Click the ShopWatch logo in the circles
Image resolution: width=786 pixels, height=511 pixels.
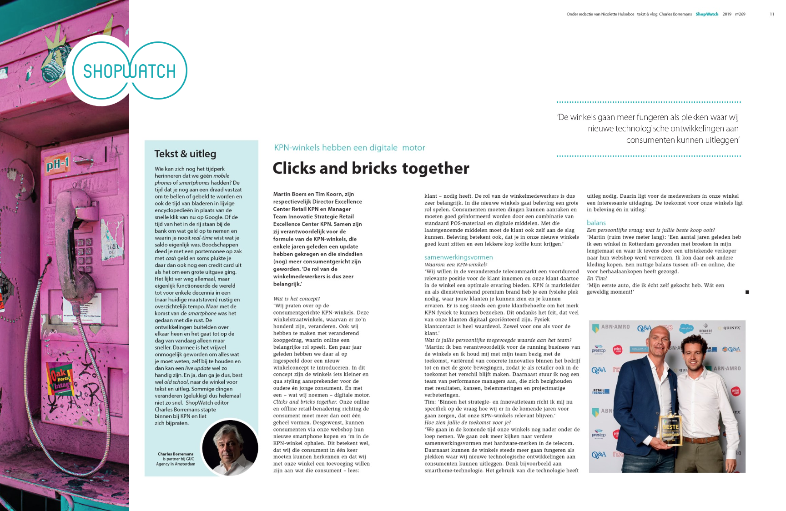[x=129, y=71]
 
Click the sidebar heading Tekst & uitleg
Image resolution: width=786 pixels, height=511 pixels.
[x=185, y=154]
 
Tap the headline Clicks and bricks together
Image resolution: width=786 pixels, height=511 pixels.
[x=371, y=168]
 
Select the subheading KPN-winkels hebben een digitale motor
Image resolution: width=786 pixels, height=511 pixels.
[x=349, y=147]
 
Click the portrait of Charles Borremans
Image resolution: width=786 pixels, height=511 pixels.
[x=230, y=447]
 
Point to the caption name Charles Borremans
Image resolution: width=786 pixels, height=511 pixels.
[x=176, y=454]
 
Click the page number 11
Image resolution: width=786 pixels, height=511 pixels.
[x=771, y=14]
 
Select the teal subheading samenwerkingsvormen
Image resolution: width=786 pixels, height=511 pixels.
[x=458, y=257]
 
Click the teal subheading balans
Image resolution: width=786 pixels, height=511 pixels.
[x=596, y=223]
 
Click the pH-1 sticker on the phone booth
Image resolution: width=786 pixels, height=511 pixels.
[x=57, y=163]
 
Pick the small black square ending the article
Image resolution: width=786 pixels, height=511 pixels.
[x=747, y=292]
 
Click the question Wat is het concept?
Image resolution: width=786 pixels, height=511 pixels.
[x=296, y=299]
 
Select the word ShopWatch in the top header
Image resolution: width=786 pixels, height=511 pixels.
[x=706, y=14]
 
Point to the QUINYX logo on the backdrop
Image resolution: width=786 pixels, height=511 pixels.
[x=731, y=328]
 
